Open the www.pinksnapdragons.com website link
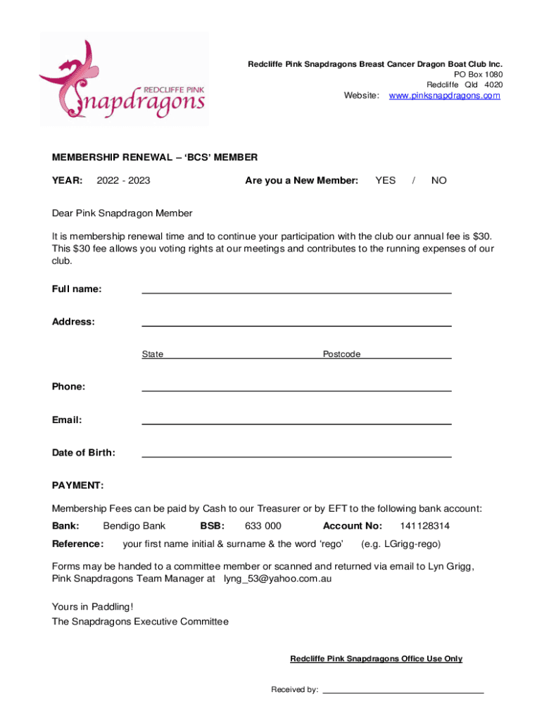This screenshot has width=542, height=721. [444, 96]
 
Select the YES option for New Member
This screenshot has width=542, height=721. [385, 181]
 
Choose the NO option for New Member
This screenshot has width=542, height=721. [439, 181]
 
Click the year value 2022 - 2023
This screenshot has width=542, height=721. [123, 181]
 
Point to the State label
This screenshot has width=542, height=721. [152, 354]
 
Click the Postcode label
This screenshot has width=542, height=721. [341, 354]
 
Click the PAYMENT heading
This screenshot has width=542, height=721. [77, 486]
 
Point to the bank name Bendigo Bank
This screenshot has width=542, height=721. [134, 526]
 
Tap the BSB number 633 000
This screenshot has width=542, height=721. [263, 526]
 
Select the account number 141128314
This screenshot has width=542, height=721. [424, 526]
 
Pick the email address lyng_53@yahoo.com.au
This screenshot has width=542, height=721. [277, 579]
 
